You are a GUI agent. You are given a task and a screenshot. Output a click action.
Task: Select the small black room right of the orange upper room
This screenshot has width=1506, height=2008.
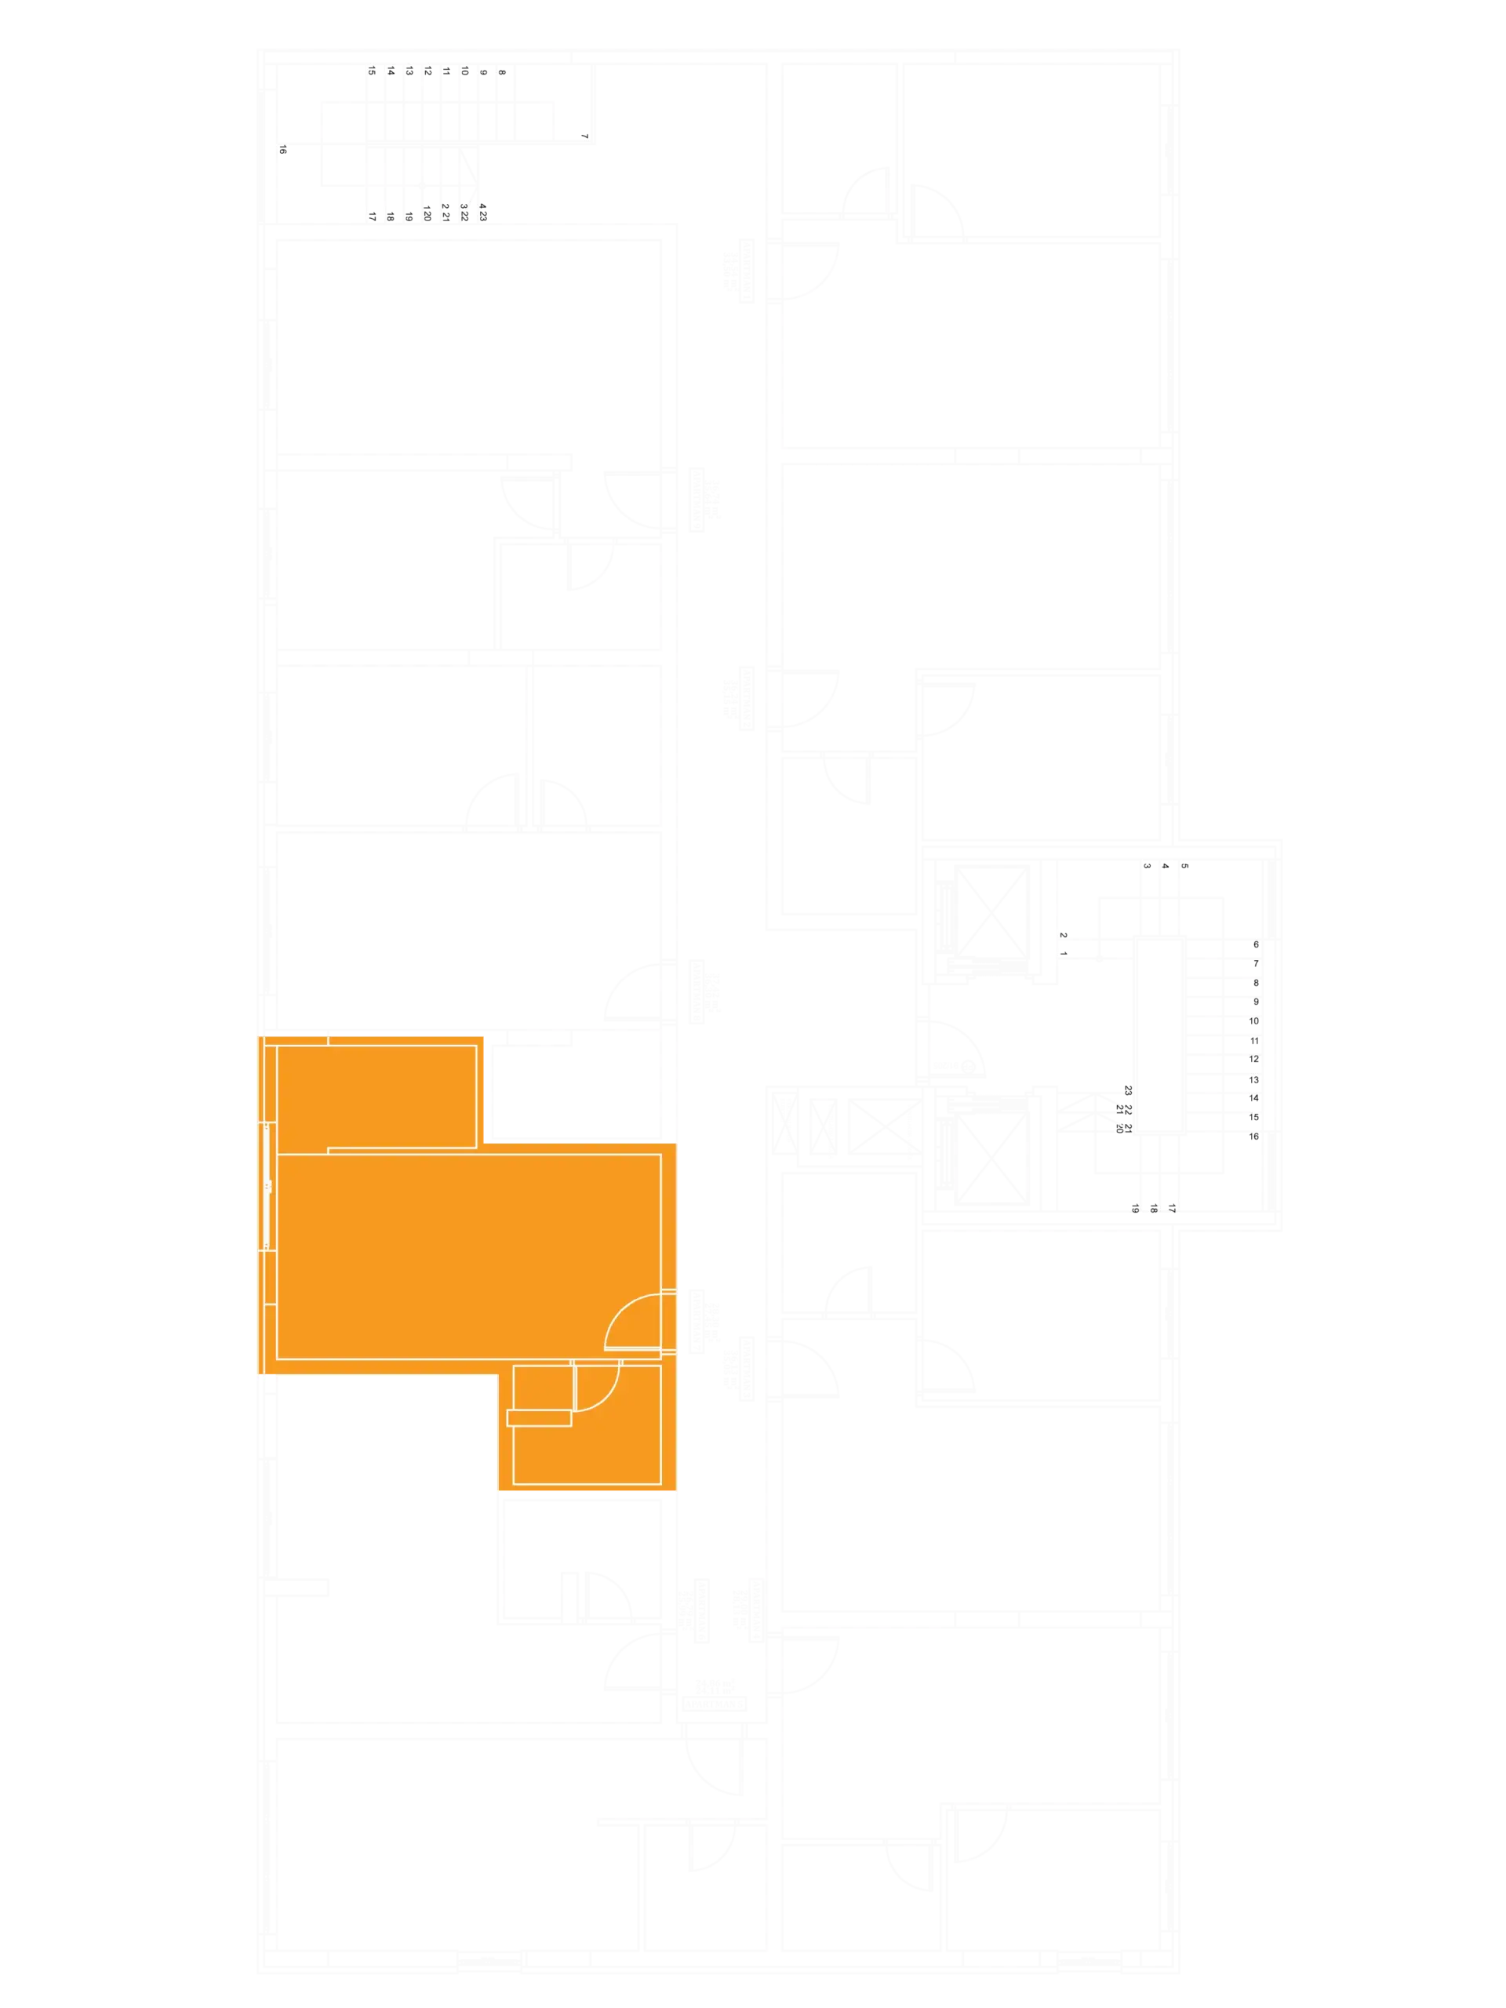pyautogui.click(x=576, y=1086)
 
